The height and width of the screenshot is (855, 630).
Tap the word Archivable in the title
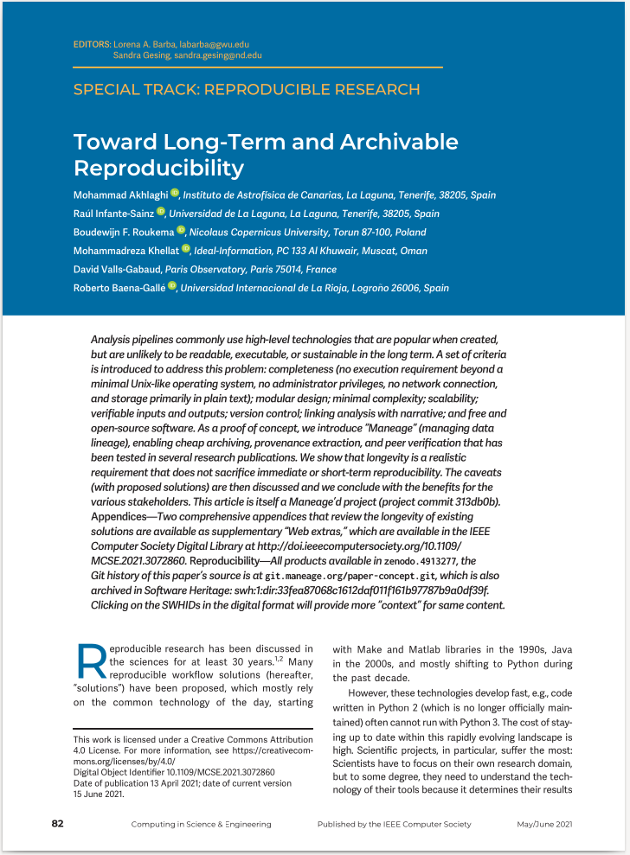click(x=394, y=143)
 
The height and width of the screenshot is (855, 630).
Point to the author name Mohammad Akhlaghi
click(x=120, y=195)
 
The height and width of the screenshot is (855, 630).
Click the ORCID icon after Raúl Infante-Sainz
click(x=161, y=212)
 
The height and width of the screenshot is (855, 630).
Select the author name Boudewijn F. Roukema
click(x=124, y=232)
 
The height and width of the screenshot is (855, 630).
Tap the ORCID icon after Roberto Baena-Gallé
click(x=171, y=286)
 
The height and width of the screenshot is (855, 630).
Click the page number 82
click(x=57, y=824)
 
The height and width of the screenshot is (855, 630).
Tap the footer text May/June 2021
click(x=543, y=825)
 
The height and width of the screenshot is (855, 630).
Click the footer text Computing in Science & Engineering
click(x=201, y=825)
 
